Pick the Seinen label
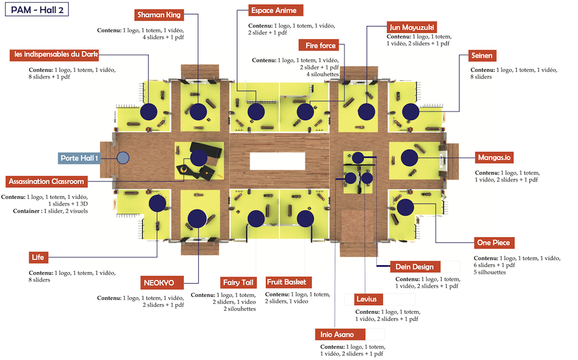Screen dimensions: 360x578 [479, 56]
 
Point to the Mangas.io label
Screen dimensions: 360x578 [496, 157]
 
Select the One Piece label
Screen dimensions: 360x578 [493, 243]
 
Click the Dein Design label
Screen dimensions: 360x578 [414, 266]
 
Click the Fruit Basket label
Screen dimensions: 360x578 [289, 283]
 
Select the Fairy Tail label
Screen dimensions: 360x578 [239, 283]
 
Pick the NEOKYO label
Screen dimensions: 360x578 [162, 283]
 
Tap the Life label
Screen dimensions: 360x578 [39, 257]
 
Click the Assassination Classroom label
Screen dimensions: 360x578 [47, 181]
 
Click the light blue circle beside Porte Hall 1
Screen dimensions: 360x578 [123, 157]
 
